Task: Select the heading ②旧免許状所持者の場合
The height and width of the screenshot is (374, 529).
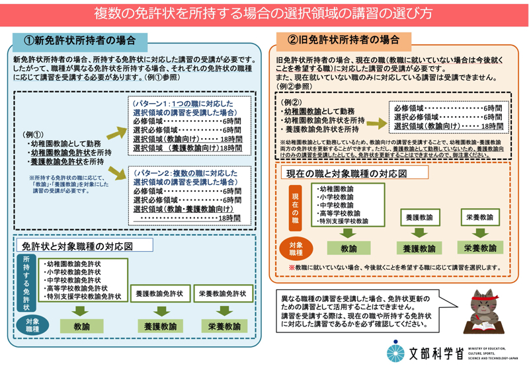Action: click(344, 40)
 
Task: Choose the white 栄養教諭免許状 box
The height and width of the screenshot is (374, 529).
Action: click(222, 293)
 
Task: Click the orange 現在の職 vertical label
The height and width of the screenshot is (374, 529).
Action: click(296, 207)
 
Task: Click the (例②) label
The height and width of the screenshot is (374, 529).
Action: click(291, 102)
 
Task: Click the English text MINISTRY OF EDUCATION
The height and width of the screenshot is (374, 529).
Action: click(490, 348)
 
